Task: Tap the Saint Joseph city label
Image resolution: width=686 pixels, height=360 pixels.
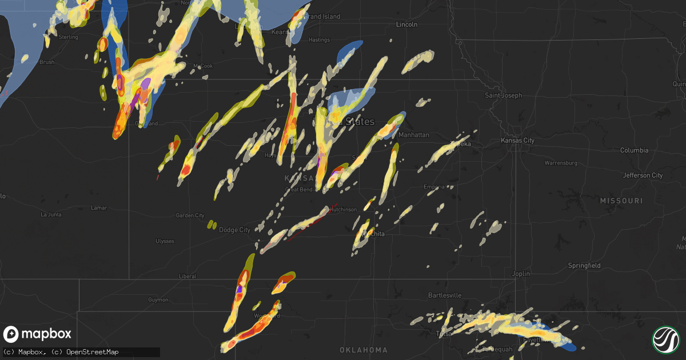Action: [x=503, y=95]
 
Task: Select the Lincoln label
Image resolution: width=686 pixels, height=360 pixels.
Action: [x=407, y=25]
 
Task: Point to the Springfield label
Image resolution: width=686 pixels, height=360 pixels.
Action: [x=584, y=266]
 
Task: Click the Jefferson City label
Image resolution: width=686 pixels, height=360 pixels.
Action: [x=642, y=175]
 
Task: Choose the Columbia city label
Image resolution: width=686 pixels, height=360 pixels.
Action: [x=634, y=150]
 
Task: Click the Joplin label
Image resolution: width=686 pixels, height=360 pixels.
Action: [x=521, y=274]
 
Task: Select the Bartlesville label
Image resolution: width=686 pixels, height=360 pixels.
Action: [x=445, y=295]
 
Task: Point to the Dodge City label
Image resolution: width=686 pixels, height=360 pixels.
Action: [x=234, y=230]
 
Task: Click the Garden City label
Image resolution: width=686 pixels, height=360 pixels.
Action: [x=190, y=215]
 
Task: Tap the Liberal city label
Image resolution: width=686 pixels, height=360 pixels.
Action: [x=188, y=277]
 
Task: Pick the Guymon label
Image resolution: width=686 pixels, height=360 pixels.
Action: [x=158, y=299]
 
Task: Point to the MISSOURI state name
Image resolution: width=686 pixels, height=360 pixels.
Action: [x=621, y=201]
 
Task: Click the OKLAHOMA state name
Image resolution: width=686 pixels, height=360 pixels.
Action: [x=363, y=350]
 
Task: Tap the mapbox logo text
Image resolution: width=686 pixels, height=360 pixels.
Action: [x=47, y=334]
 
